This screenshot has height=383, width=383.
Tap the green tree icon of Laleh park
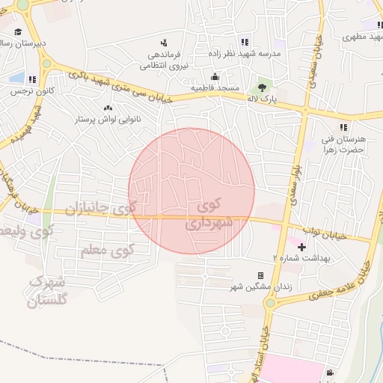coord(261,88)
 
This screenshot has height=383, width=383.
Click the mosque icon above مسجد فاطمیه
coord(215,76)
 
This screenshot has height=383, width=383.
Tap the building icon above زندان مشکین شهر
coord(260,276)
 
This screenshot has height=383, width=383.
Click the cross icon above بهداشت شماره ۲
coord(301,246)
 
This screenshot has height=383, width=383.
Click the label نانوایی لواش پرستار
coord(107,120)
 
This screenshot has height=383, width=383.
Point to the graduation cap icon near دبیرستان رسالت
coord(17,31)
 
